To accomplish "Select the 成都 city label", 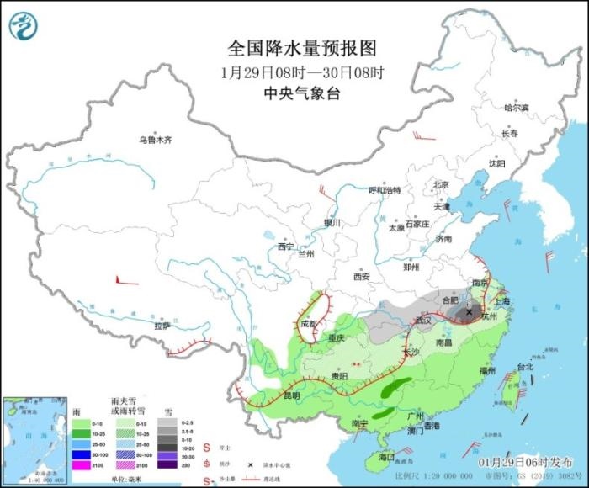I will click(x=310, y=322).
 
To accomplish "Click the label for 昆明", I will click(x=290, y=395).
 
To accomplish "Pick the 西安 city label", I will click(x=362, y=276).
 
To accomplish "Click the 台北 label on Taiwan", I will click(x=524, y=367).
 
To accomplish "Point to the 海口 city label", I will click(x=386, y=456).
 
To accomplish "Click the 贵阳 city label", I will click(x=339, y=376).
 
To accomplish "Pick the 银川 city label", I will click(x=332, y=223).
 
